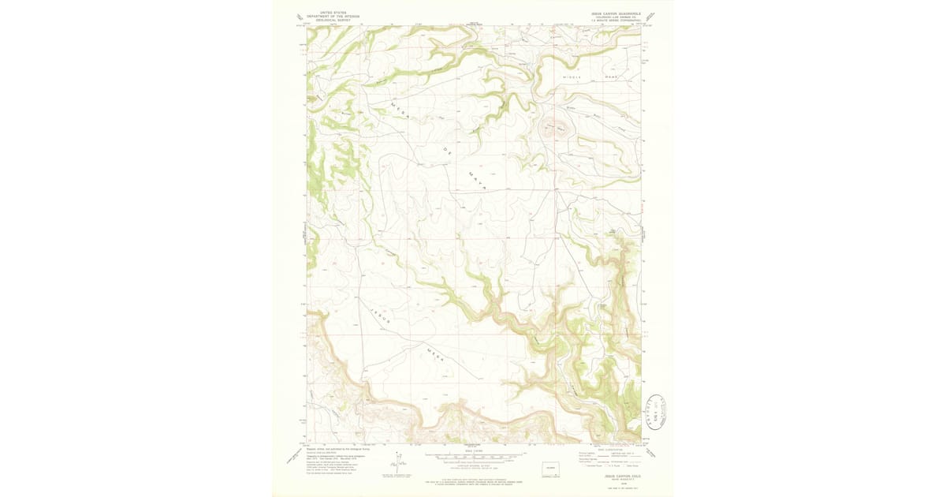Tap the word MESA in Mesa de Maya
point(402,110)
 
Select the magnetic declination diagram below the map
point(397,465)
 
